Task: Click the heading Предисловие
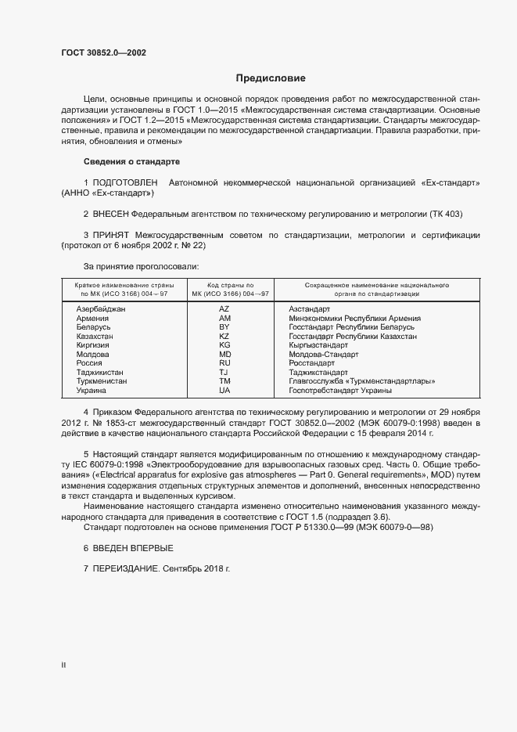point(271,78)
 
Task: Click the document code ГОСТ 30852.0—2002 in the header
point(103,53)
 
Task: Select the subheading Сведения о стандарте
point(131,161)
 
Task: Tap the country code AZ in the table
point(224,310)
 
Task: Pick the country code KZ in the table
point(224,336)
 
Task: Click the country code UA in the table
point(224,389)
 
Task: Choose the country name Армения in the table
point(93,319)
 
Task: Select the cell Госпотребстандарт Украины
point(340,389)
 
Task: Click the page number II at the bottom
point(64,665)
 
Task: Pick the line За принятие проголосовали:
point(131,266)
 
